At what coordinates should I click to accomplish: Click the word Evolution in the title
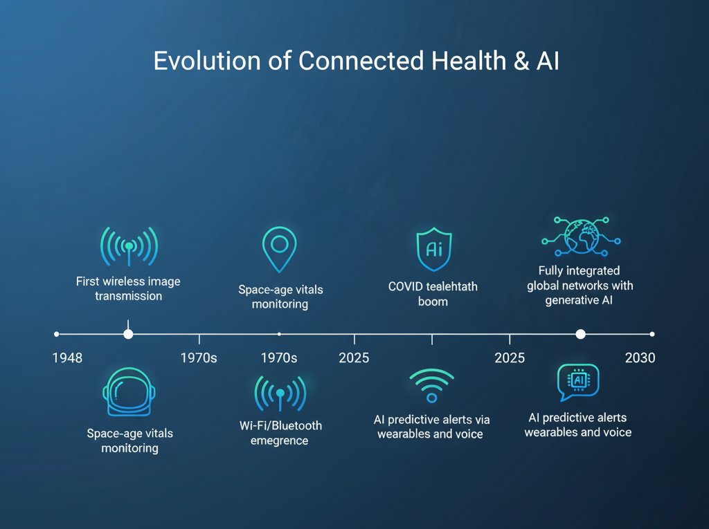pos(207,61)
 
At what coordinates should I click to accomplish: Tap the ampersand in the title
pos(521,61)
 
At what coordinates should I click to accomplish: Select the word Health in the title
pos(469,61)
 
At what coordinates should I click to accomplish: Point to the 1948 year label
pos(67,358)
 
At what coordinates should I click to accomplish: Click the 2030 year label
pos(640,358)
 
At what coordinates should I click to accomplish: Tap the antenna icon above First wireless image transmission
pos(129,246)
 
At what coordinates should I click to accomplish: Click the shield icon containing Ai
pos(434,249)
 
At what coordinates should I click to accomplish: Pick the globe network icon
pos(581,236)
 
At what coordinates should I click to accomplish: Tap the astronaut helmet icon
pos(129,391)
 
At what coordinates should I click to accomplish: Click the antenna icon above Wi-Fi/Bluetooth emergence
pos(280,393)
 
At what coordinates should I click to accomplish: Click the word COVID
pos(406,286)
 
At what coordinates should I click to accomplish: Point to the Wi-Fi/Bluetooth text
pos(280,425)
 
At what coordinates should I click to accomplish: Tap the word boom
pos(433,301)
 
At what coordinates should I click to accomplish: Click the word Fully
pos(550,271)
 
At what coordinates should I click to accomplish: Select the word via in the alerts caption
pos(482,420)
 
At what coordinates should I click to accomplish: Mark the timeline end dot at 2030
pos(652,334)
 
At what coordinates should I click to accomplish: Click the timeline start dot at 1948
pos(57,334)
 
